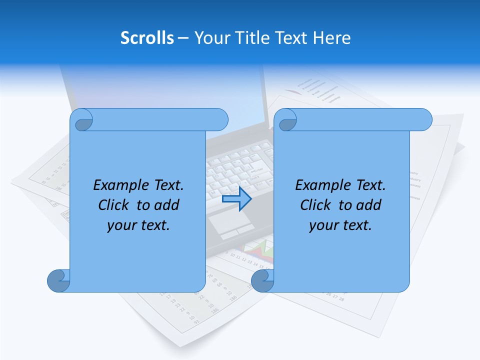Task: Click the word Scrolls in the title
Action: click(147, 38)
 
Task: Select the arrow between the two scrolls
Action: click(236, 199)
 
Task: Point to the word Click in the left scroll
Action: click(114, 205)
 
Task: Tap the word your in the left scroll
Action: click(120, 225)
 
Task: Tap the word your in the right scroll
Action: click(322, 225)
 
